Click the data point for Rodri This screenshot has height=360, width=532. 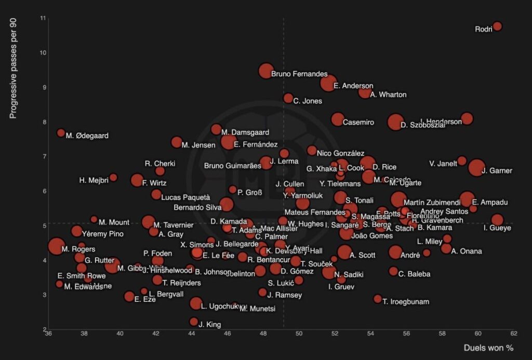point(497,26)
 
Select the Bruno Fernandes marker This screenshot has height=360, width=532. point(266,71)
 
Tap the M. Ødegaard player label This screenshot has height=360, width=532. point(87,136)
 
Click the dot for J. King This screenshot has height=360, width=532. point(194,322)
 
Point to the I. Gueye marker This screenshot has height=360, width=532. point(497,220)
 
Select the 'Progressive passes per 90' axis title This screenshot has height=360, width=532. point(14,67)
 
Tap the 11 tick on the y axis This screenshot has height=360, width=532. point(43,18)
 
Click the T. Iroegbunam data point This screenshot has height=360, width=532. point(378,299)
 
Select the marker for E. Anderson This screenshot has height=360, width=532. point(328,83)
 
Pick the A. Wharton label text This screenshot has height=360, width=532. point(388,95)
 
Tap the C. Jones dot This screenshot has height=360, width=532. point(288,98)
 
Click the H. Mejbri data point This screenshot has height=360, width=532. point(113,178)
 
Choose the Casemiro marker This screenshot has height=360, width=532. point(338,119)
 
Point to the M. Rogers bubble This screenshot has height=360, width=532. point(57,246)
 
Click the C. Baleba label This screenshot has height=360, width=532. point(414,274)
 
